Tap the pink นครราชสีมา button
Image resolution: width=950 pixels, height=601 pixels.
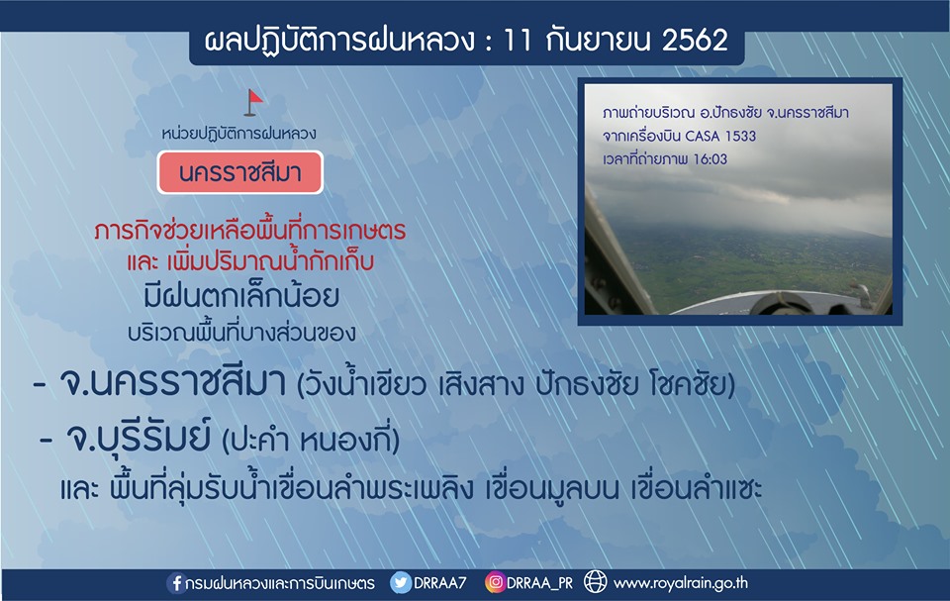pos(239,173)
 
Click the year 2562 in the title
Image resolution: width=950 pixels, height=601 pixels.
pos(695,40)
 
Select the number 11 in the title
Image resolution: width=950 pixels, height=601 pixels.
pos(518,40)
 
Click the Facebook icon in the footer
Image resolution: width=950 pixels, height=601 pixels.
pos(176,583)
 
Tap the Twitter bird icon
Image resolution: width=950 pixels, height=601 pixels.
pos(401,583)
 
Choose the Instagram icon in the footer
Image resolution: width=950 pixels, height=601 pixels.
pos(495,583)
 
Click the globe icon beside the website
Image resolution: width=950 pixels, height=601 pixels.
pos(595,582)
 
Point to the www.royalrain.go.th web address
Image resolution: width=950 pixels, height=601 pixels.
pos(681,583)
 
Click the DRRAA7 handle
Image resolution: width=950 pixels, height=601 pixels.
pos(439,583)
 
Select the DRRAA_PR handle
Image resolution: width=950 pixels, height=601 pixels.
pos(539,583)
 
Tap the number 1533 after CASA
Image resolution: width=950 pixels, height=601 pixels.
pos(740,136)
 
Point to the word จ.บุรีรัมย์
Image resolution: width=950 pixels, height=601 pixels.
pos(139,438)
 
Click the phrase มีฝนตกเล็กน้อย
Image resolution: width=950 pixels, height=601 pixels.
pos(241,297)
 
